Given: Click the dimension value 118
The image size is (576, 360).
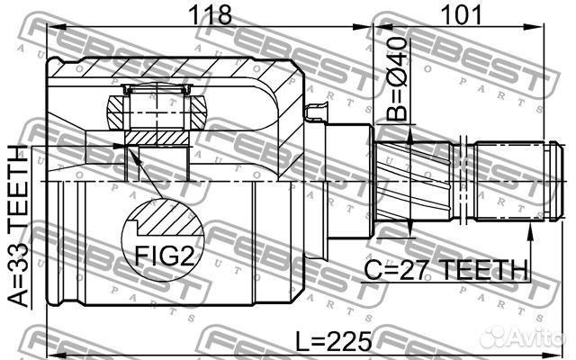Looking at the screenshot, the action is [210, 15].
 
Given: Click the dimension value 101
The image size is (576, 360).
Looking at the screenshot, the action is [461, 15].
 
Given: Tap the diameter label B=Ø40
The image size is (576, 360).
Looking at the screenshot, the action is [397, 78].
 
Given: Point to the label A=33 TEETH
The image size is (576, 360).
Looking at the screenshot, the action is [18, 226].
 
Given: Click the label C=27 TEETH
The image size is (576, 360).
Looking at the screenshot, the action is [446, 270].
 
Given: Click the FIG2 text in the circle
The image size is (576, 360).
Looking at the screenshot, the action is [164, 256].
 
